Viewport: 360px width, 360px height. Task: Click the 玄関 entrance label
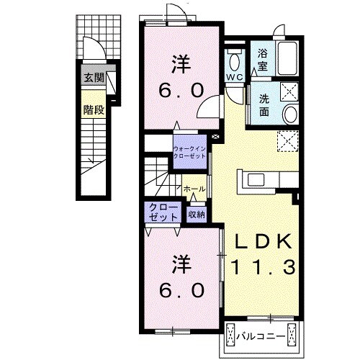(x=94, y=78)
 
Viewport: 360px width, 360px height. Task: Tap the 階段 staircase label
(x=94, y=110)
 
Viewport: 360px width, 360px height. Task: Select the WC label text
(x=235, y=77)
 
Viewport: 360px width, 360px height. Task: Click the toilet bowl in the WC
(x=235, y=61)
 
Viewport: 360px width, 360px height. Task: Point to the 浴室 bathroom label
(x=263, y=60)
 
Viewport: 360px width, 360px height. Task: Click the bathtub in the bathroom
(x=287, y=59)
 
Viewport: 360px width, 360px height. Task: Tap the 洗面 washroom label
(x=264, y=105)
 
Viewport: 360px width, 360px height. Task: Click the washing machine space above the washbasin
(x=289, y=91)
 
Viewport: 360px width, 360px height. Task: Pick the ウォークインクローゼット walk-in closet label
(x=189, y=152)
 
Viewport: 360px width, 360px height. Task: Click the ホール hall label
(x=194, y=189)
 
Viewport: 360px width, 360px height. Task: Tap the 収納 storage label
(x=197, y=215)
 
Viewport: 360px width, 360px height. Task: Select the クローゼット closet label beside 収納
(x=163, y=212)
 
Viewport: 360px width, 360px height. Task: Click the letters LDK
(x=264, y=241)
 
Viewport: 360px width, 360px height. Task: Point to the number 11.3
(x=263, y=267)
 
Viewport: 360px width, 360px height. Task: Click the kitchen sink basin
(x=256, y=180)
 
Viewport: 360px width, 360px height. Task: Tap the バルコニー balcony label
(x=261, y=336)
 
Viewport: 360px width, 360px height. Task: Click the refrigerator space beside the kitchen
(x=288, y=141)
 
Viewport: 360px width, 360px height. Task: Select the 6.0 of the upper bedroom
(x=181, y=91)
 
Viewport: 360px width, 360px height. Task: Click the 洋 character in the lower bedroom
(x=181, y=264)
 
